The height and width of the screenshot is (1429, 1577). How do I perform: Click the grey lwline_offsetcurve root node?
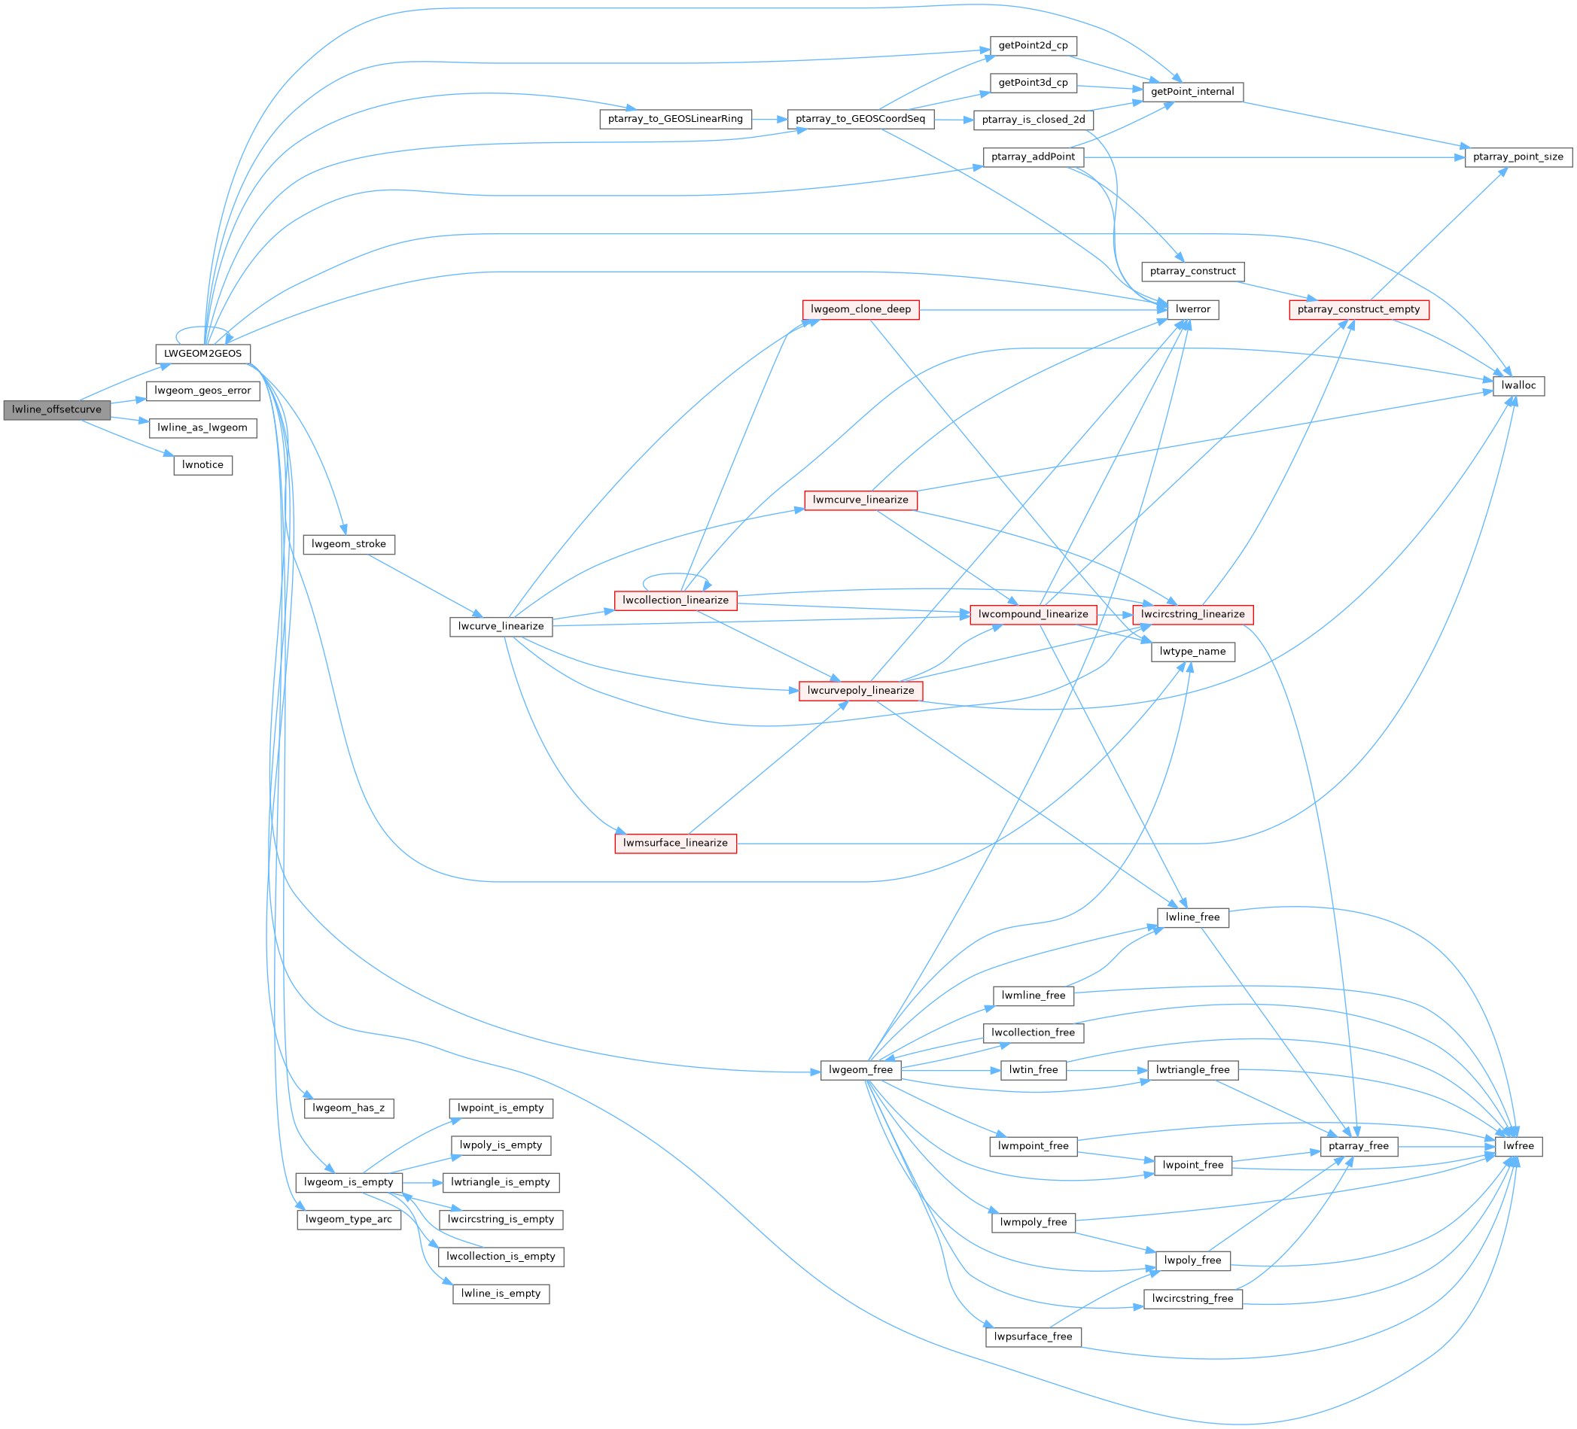tap(57, 410)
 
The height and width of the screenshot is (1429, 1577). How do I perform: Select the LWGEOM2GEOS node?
tap(202, 354)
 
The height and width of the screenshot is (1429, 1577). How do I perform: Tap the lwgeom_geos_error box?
tap(202, 391)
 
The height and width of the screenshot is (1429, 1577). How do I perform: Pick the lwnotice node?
tap(202, 464)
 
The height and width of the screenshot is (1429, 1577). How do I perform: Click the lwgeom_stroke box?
tap(348, 543)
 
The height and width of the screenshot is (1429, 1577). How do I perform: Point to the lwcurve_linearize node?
tap(501, 627)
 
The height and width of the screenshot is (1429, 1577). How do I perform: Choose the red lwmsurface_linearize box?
tap(675, 842)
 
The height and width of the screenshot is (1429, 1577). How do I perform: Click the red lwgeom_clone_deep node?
tap(860, 309)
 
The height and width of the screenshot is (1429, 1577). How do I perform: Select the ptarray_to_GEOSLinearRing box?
tap(675, 119)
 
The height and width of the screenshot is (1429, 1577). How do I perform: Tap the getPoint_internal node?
tap(1192, 92)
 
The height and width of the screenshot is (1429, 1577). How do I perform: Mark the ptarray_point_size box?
tap(1518, 157)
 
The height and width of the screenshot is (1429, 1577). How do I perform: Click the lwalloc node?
tap(1518, 385)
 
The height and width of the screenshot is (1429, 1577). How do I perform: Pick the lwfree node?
tap(1518, 1146)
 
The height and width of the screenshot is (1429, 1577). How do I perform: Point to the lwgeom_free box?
tap(860, 1069)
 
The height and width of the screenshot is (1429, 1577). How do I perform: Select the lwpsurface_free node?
tap(1033, 1336)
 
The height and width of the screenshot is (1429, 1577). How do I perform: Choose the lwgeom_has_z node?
tap(348, 1108)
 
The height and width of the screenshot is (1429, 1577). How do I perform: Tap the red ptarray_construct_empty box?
tap(1359, 309)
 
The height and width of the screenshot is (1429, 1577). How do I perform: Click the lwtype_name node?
tap(1192, 651)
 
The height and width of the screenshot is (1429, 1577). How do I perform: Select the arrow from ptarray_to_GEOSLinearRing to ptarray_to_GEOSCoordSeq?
tap(770, 120)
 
